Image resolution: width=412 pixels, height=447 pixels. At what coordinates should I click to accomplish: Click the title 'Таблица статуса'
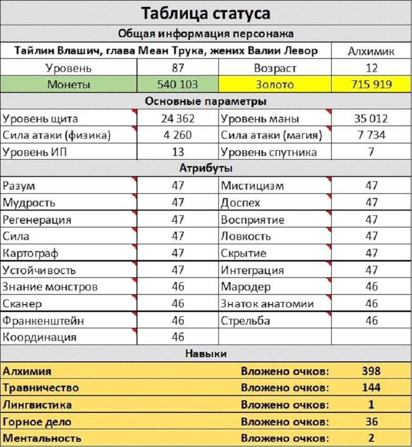click(206, 13)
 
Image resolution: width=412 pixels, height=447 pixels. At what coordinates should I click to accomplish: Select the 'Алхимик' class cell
click(372, 51)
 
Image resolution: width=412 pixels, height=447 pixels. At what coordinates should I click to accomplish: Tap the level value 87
click(178, 68)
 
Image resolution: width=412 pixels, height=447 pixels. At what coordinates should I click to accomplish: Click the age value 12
click(372, 68)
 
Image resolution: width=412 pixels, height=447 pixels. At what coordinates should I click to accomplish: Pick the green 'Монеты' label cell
click(68, 84)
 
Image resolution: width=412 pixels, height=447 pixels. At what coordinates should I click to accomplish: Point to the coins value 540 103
click(178, 84)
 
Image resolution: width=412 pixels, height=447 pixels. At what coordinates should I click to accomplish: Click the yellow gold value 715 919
click(372, 84)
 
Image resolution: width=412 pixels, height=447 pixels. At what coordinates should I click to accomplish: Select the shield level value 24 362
click(178, 118)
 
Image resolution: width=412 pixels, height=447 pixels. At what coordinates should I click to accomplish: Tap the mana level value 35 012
click(372, 118)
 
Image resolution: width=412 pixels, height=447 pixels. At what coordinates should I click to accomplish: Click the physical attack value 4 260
click(178, 135)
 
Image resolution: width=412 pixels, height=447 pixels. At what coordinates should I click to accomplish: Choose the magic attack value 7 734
click(372, 135)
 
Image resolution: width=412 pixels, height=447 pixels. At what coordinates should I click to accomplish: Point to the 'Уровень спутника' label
click(269, 152)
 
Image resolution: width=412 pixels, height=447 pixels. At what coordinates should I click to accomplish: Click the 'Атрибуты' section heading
click(206, 169)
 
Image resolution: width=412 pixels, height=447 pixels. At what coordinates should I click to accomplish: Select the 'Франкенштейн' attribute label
click(43, 320)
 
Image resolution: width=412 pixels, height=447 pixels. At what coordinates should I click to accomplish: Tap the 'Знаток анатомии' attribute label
click(267, 304)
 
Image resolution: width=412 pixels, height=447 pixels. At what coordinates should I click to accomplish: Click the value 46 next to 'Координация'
click(178, 337)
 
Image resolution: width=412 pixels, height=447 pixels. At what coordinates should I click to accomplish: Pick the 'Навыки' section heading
click(206, 354)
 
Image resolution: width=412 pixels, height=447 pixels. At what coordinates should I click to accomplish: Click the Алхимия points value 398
click(372, 371)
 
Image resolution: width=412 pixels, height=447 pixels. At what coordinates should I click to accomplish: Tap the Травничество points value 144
click(372, 388)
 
